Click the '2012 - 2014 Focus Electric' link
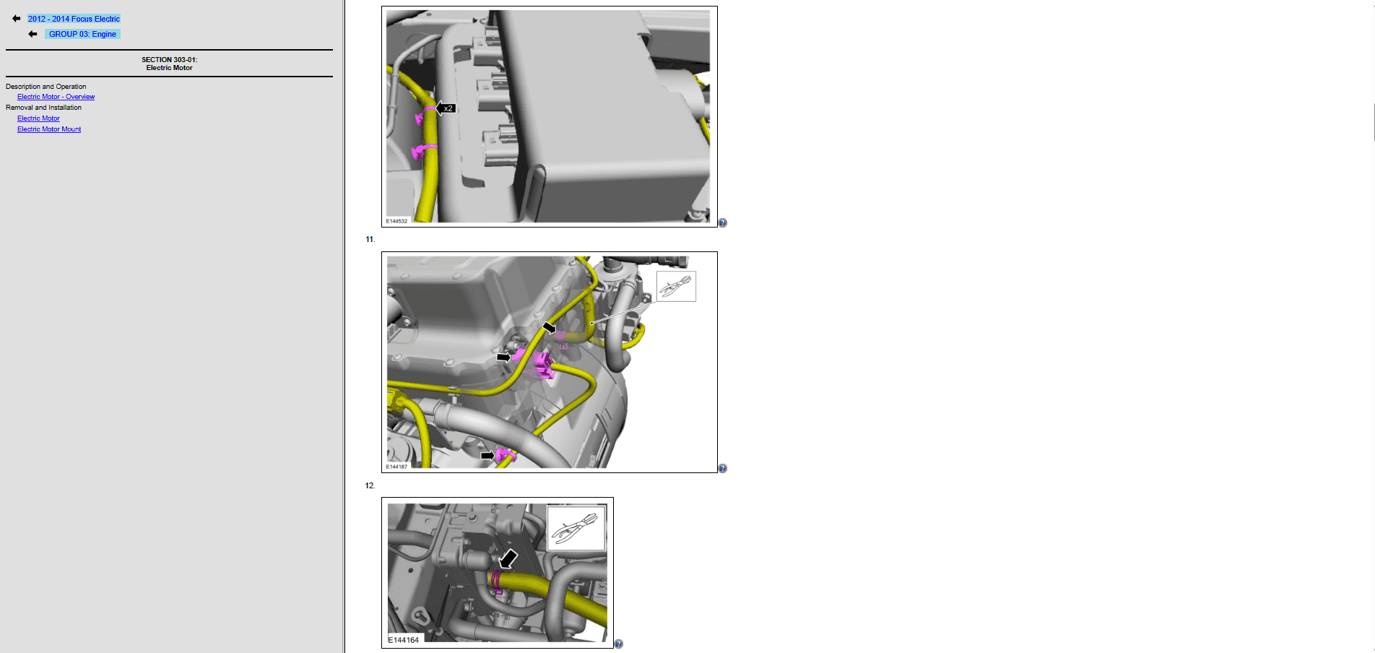pos(74,19)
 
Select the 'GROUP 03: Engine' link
pos(82,34)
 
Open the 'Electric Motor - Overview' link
pos(56,97)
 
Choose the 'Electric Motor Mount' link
pos(49,129)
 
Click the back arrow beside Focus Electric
pos(17,19)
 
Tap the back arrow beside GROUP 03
pos(32,34)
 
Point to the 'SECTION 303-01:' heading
pos(169,60)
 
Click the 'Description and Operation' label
pos(45,87)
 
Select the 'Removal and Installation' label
pos(43,108)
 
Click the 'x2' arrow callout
pos(446,108)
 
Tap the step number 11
pos(370,239)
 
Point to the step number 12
pos(370,485)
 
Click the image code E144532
pos(396,221)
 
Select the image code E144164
pos(404,640)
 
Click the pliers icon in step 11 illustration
pos(676,286)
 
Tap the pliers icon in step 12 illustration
pos(576,528)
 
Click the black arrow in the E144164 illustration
pos(509,558)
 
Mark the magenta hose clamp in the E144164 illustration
pos(497,581)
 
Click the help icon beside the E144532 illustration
pos(723,223)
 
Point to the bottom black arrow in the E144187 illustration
pos(488,456)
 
